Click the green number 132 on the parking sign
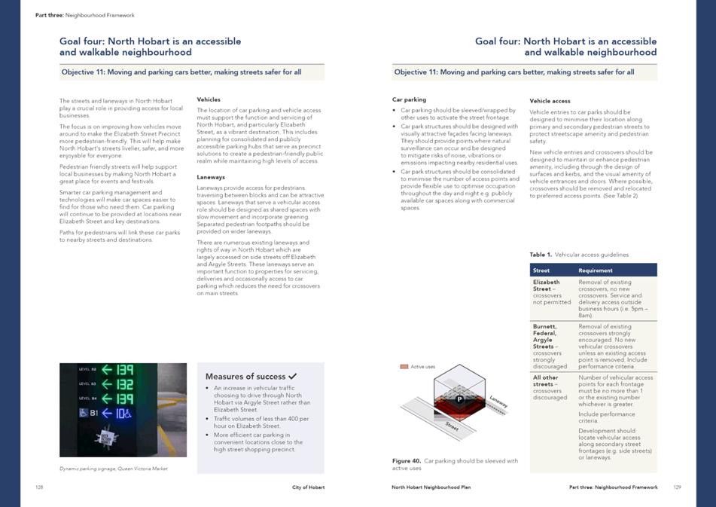(x=124, y=383)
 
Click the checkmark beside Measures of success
(x=292, y=376)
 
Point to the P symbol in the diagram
(x=459, y=399)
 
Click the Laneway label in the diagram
(x=498, y=402)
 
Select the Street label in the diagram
(x=452, y=426)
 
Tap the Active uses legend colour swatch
(x=404, y=367)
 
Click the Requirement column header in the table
(x=595, y=270)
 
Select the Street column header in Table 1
(x=541, y=270)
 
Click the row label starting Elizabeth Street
(x=546, y=286)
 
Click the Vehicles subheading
(x=209, y=99)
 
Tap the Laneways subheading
(x=211, y=177)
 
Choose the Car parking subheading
(x=409, y=99)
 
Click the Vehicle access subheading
(x=550, y=100)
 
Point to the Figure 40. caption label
(x=406, y=460)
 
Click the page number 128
(x=39, y=487)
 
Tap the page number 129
(x=677, y=487)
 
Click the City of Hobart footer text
(x=308, y=487)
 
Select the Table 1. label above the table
(x=540, y=255)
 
